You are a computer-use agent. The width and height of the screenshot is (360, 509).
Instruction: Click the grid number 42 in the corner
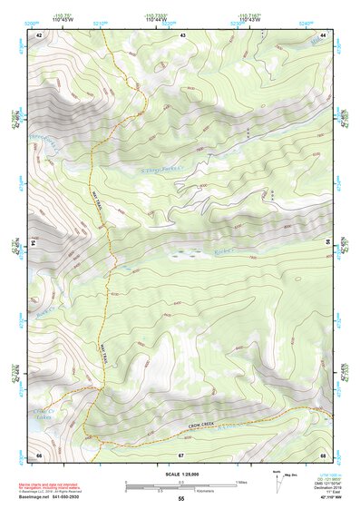click(39, 34)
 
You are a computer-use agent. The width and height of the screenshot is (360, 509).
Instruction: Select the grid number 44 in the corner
click(323, 34)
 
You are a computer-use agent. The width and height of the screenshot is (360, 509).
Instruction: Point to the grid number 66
click(39, 455)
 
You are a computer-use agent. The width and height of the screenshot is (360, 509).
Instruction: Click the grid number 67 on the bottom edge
click(181, 455)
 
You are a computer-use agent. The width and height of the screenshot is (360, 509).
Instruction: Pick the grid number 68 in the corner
click(323, 455)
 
